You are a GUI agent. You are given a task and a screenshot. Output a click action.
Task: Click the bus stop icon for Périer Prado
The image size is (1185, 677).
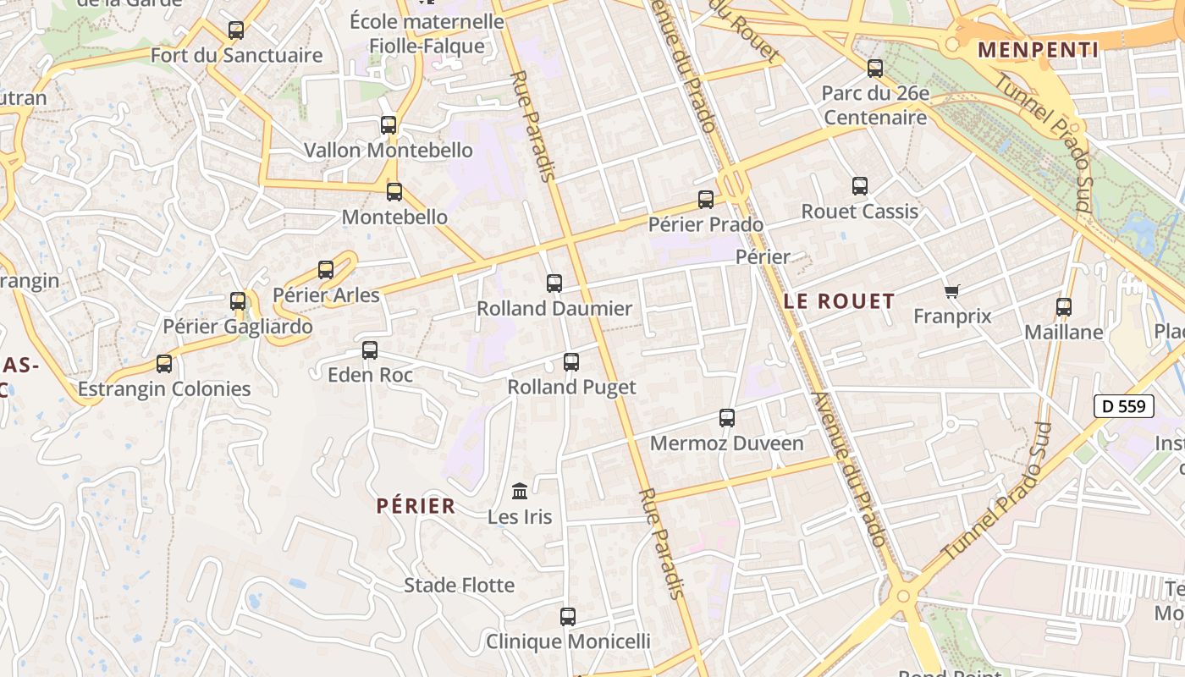point(706,200)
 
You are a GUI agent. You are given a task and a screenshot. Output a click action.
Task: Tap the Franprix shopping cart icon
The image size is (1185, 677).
point(952,292)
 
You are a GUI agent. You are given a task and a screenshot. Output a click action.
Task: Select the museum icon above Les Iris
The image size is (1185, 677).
point(520,491)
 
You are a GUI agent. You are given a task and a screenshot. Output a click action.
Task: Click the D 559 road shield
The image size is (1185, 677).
point(1124,406)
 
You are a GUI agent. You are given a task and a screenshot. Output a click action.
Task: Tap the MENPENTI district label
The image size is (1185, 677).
point(1038,50)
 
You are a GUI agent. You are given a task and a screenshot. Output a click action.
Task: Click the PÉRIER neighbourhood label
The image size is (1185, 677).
point(416,506)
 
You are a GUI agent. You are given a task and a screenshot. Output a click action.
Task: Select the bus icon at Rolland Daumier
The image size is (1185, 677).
point(554,283)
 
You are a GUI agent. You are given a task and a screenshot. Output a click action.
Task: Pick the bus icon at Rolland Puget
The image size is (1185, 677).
point(571,362)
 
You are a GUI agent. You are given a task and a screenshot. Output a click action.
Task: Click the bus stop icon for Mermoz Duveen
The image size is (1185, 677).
point(727,418)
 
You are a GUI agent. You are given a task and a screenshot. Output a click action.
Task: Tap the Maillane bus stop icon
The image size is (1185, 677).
point(1064,307)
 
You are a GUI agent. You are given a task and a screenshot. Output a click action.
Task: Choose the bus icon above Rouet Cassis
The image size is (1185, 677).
point(860,186)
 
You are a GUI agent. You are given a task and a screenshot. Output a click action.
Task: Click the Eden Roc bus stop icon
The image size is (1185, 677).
point(370,350)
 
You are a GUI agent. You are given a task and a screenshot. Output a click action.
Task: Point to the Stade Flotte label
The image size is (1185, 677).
point(459,586)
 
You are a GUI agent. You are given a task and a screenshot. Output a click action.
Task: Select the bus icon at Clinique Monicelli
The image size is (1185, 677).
point(568,617)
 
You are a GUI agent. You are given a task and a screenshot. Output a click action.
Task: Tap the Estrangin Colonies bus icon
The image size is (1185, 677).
point(164,364)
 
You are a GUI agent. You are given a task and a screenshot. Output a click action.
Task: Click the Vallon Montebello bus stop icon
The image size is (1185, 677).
point(389,125)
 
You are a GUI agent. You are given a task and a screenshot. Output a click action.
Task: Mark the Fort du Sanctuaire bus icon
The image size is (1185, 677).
point(236,30)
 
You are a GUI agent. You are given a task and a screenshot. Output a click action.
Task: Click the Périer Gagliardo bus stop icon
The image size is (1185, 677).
point(238,301)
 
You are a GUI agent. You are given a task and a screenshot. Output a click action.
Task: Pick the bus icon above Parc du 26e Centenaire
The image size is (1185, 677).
point(875,69)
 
